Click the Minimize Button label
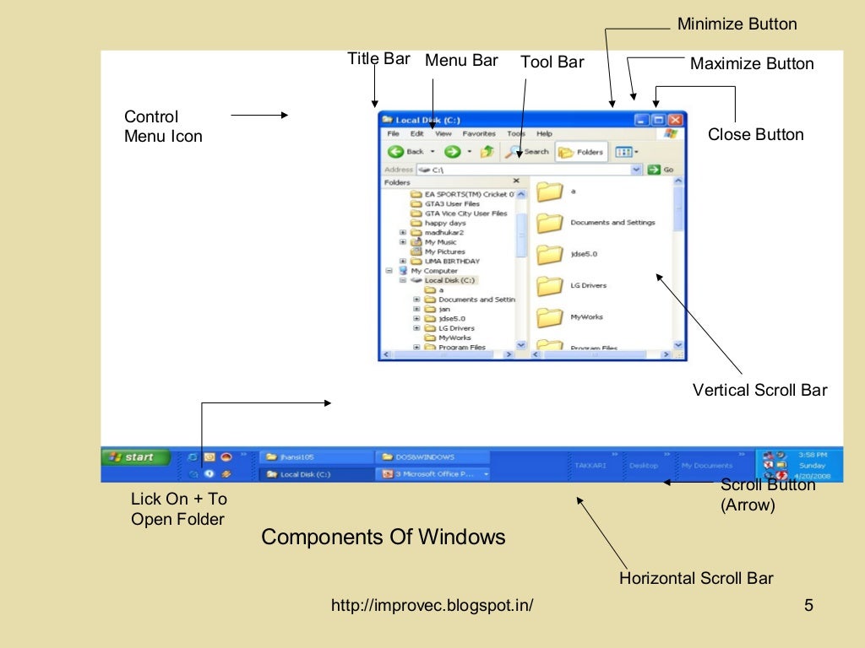pyautogui.click(x=737, y=24)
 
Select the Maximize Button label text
pyautogui.click(x=752, y=64)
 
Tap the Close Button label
pyautogui.click(x=755, y=134)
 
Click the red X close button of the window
pyautogui.click(x=677, y=121)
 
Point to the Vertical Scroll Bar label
pyautogui.click(x=759, y=390)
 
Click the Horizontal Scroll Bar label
pyautogui.click(x=696, y=578)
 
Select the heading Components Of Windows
pyautogui.click(x=384, y=537)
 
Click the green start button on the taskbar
pyautogui.click(x=134, y=457)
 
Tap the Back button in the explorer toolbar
pyautogui.click(x=406, y=152)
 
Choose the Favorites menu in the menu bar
pyautogui.click(x=479, y=133)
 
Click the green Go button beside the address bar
pyautogui.click(x=661, y=170)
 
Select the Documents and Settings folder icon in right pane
pyautogui.click(x=550, y=223)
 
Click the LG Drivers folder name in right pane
pyautogui.click(x=588, y=285)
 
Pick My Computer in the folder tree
pyautogui.click(x=434, y=271)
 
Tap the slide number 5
pyautogui.click(x=808, y=605)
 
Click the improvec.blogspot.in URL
pyautogui.click(x=432, y=605)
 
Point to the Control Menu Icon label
pyautogui.click(x=163, y=127)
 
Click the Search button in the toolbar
pyautogui.click(x=528, y=152)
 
